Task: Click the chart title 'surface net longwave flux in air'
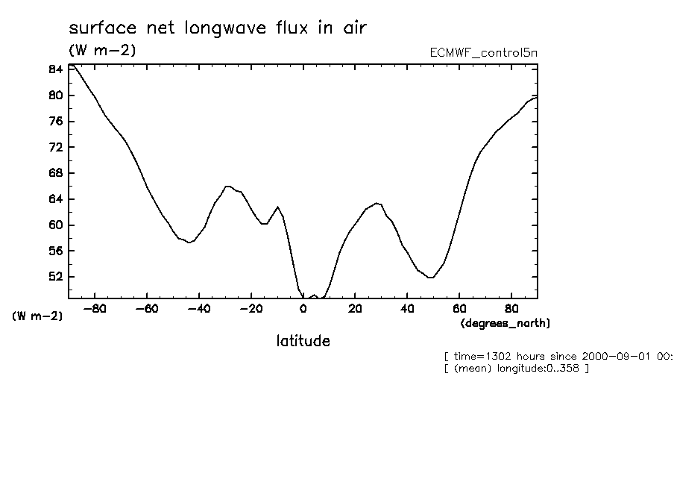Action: (x=218, y=28)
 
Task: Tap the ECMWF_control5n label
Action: (x=483, y=53)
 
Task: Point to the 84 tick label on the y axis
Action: (x=54, y=69)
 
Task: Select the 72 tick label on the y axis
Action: (x=54, y=147)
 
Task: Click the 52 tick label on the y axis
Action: (x=54, y=277)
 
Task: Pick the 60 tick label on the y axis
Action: (x=54, y=225)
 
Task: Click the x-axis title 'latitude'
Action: (x=303, y=341)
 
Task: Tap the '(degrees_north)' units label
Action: (x=505, y=323)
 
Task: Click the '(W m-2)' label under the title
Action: (x=102, y=50)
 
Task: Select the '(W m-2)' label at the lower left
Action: (x=37, y=316)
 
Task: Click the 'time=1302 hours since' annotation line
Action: (x=558, y=357)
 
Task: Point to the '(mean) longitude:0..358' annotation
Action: (x=516, y=369)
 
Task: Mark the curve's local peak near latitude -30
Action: (x=227, y=187)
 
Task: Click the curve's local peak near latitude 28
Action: (x=377, y=203)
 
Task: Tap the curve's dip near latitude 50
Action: (x=431, y=278)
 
